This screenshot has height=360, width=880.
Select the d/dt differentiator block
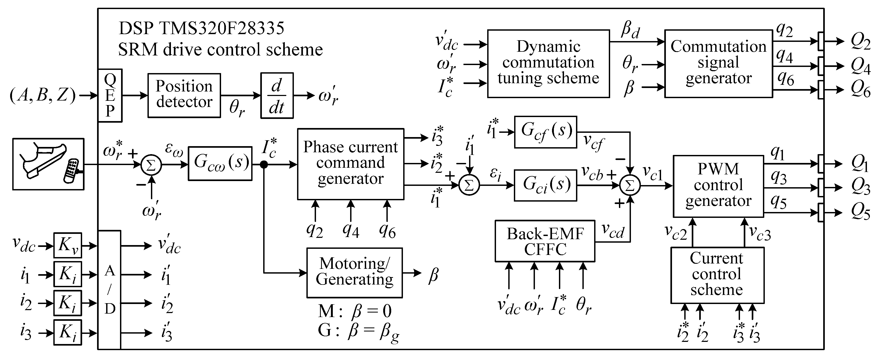coord(277,96)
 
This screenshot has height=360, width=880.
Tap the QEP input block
coord(110,96)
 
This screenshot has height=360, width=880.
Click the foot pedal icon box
coord(48,164)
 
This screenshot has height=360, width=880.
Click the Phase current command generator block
coord(350,164)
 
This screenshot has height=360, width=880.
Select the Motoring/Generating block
coord(354,273)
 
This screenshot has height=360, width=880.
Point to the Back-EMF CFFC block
coord(545,241)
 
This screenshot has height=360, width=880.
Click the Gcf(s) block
coord(546,132)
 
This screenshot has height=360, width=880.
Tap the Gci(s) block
coord(546,185)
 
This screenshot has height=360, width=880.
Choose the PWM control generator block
coord(718,186)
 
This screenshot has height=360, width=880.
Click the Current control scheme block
coord(717,275)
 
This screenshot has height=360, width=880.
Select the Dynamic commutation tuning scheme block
coord(548,63)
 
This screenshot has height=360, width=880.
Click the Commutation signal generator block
coord(718,63)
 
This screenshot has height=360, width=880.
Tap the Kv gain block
coord(68,245)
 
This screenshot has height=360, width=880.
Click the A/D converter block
coord(109,290)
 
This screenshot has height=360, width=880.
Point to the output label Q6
coord(860,90)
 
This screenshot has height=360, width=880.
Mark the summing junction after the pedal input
coord(151,165)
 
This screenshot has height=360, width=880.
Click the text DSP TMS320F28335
coord(201,28)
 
